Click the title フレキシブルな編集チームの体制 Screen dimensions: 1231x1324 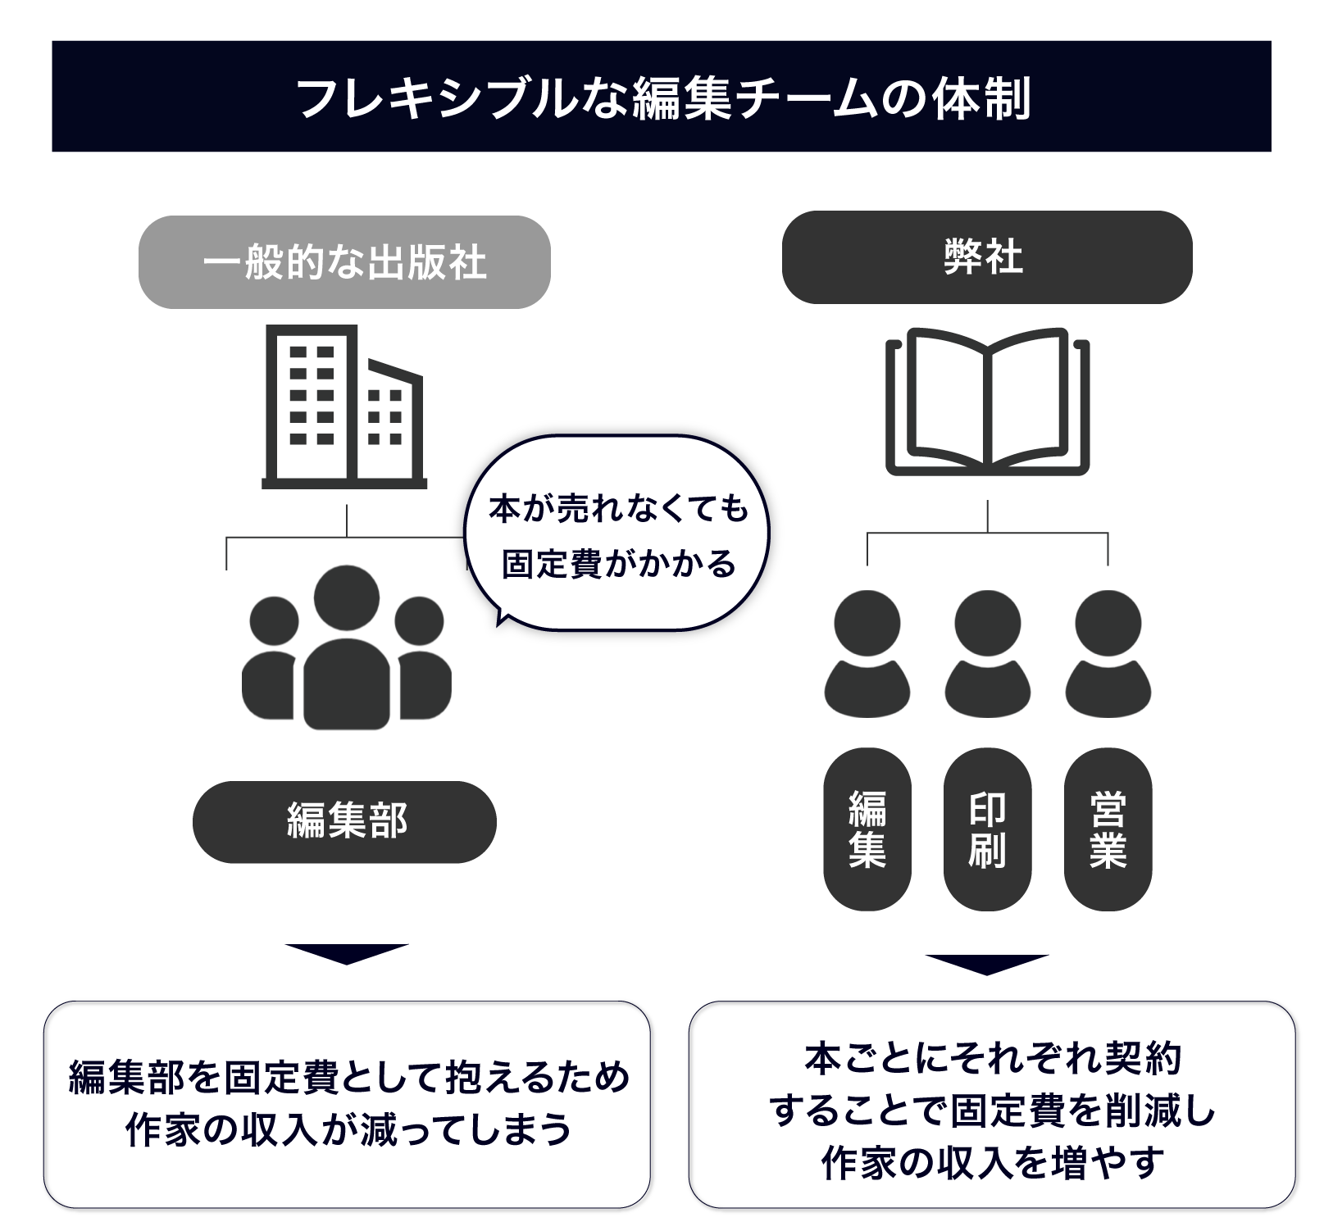(x=662, y=98)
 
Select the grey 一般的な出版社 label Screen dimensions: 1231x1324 (x=344, y=262)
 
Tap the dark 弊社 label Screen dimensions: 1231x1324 (x=986, y=257)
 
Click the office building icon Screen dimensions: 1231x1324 (x=344, y=407)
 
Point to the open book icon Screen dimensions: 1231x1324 (x=987, y=402)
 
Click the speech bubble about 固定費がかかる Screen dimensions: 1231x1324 (x=617, y=534)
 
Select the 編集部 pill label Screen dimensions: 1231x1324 (x=344, y=821)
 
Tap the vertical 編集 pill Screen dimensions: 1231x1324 (x=867, y=829)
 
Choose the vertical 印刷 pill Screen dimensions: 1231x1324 (x=987, y=829)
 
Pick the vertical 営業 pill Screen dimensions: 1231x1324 (x=1108, y=829)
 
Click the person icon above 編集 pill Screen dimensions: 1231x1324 (x=867, y=654)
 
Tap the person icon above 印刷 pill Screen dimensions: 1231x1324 (x=987, y=654)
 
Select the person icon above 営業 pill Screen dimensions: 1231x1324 (x=1108, y=654)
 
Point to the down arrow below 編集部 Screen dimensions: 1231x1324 (x=346, y=954)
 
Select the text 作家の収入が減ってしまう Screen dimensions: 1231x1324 (x=348, y=1130)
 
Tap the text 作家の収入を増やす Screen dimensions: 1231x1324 (x=992, y=1162)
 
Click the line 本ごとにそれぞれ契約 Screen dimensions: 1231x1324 (x=992, y=1059)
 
